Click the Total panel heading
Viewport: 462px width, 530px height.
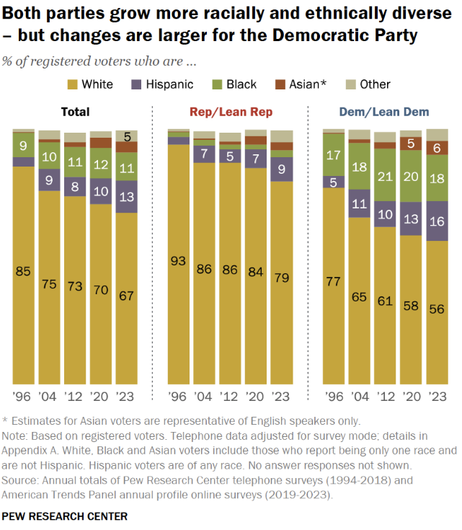(x=75, y=112)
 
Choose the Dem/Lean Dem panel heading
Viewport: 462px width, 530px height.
(x=384, y=112)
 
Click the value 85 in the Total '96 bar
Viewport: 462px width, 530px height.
(x=24, y=272)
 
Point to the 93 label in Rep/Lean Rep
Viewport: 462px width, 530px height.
(x=178, y=261)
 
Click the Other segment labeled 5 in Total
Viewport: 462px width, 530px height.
(x=127, y=136)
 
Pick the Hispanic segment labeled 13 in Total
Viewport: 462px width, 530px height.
(x=127, y=197)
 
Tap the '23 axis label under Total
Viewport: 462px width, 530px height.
(x=127, y=397)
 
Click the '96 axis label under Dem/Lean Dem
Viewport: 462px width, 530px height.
(x=333, y=397)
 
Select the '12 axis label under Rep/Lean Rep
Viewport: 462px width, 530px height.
(x=230, y=397)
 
